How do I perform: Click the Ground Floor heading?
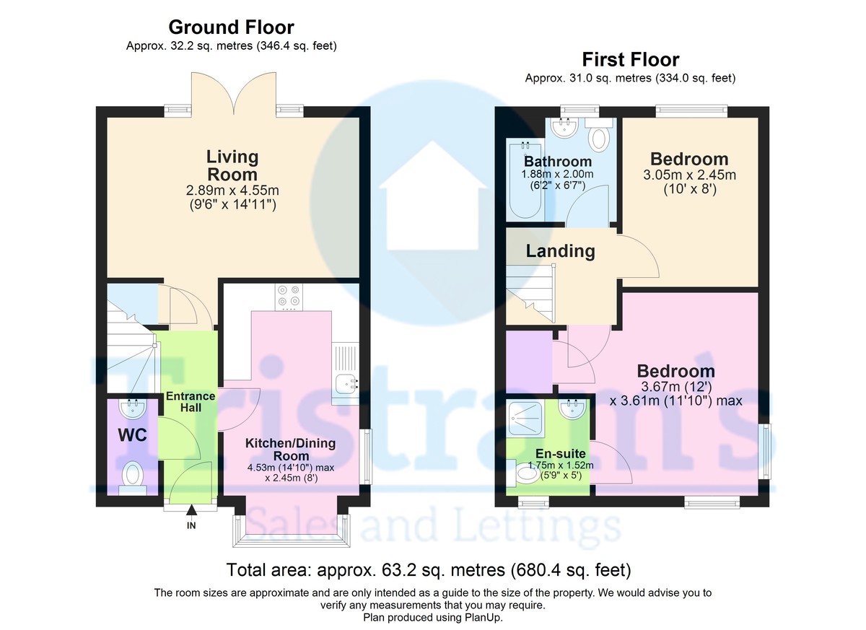(231, 27)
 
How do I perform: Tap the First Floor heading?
(631, 60)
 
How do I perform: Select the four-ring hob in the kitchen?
(289, 297)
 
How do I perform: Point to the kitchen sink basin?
(346, 384)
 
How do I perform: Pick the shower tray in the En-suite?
(525, 419)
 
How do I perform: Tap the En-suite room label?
(560, 453)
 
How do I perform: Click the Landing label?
(560, 251)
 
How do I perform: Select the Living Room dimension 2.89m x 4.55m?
(232, 191)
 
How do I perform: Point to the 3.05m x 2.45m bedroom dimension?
(690, 175)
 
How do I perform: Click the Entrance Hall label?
(191, 402)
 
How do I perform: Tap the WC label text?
(133, 436)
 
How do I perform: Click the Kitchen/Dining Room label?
(290, 450)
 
